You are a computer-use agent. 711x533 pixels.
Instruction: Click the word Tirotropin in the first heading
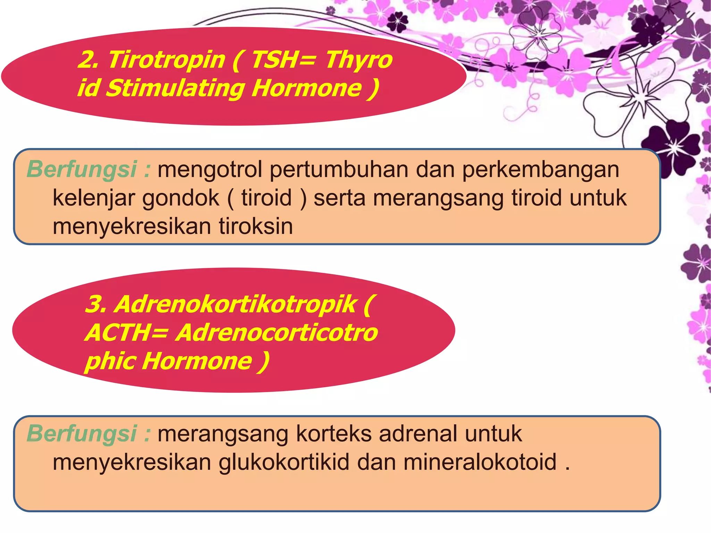[167, 60]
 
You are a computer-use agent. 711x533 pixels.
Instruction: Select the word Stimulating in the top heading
[175, 88]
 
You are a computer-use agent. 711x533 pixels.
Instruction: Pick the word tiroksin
[256, 226]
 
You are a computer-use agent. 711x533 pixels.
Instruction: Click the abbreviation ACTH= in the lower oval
[127, 333]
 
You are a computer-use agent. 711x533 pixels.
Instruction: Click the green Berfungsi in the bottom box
[82, 434]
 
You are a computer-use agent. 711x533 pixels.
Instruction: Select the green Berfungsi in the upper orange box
[82, 170]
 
